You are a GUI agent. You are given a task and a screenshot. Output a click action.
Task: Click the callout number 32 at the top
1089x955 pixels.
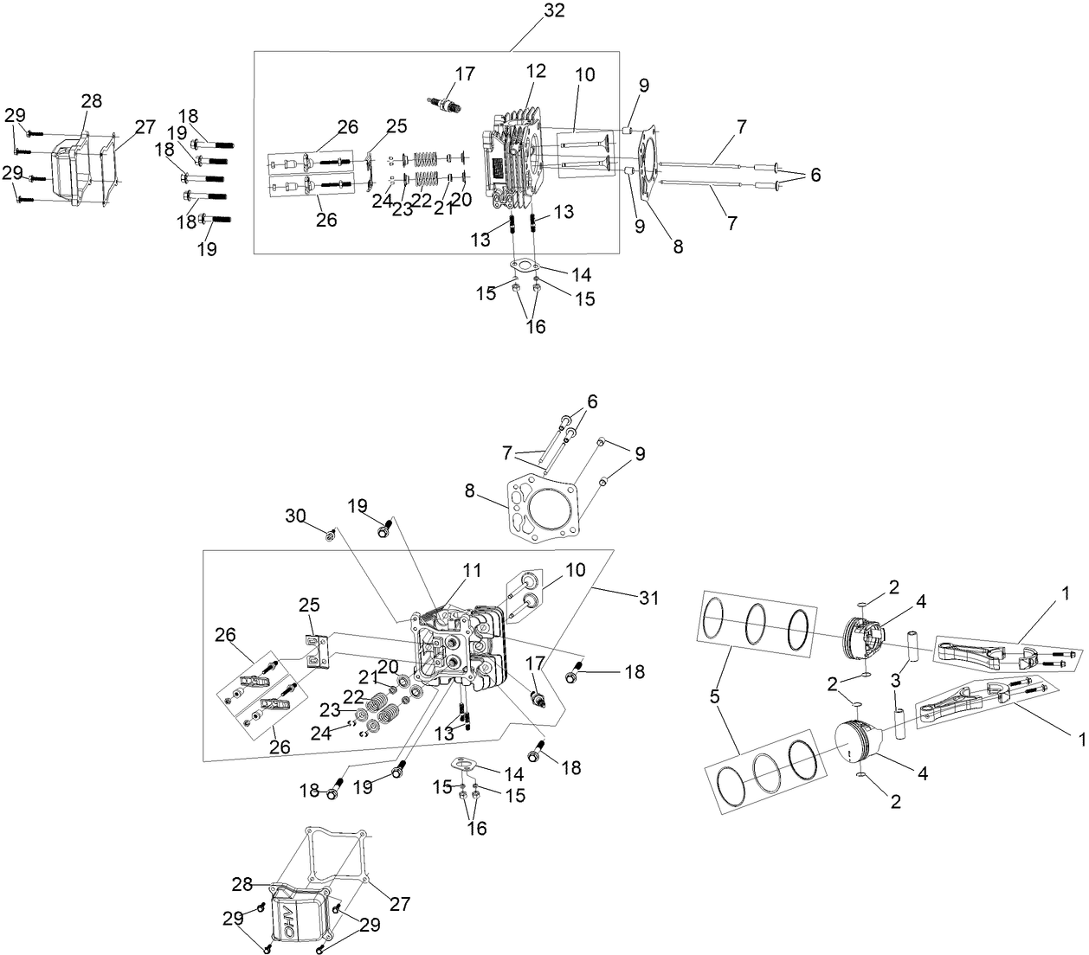(554, 11)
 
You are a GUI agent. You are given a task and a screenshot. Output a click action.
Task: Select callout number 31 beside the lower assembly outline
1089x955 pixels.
(648, 598)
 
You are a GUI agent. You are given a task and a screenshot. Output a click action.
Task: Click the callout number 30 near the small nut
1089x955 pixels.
(296, 516)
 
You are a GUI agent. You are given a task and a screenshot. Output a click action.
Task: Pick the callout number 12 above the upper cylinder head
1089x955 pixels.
(536, 71)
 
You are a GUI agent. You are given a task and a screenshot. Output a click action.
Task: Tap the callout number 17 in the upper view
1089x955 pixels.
(464, 74)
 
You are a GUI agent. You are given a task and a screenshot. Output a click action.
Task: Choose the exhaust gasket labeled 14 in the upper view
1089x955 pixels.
(525, 266)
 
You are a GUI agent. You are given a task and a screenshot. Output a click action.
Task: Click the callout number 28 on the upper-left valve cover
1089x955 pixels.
(91, 101)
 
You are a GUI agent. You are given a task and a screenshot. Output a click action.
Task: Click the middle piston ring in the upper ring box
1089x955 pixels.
(756, 621)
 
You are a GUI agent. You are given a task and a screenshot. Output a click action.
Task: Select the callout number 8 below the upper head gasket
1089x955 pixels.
(678, 247)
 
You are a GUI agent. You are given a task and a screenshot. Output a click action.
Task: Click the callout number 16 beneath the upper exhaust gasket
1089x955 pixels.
(536, 328)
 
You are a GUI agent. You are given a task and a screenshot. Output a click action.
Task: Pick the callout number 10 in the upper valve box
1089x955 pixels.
(584, 75)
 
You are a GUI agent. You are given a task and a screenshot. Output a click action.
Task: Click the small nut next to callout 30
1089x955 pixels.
(330, 537)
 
